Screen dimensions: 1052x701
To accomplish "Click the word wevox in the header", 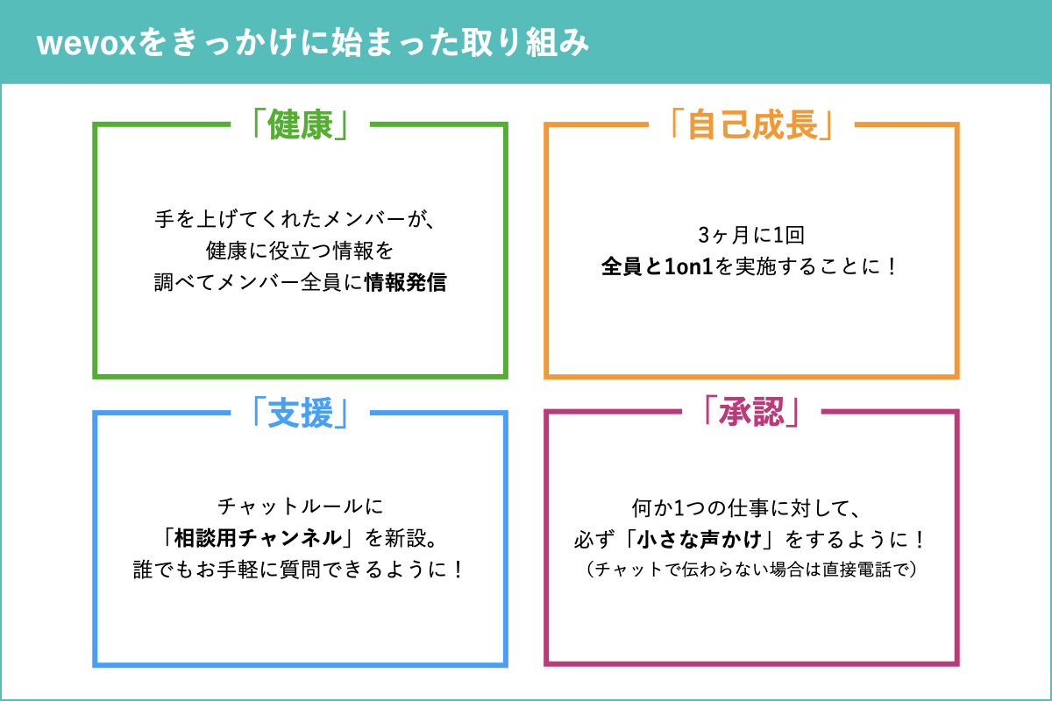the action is click(87, 43).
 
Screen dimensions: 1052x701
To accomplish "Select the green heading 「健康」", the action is click(300, 124).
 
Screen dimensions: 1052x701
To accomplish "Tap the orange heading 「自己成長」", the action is click(751, 124).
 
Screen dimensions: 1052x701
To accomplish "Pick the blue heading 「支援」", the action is click(300, 413).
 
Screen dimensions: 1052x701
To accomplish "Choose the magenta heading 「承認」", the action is click(751, 411).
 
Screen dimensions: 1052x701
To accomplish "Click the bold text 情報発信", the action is click(406, 282).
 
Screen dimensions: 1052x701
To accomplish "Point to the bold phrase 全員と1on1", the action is click(657, 266).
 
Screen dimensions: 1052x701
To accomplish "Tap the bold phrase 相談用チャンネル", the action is click(259, 538).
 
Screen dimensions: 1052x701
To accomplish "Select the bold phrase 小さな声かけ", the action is click(700, 540).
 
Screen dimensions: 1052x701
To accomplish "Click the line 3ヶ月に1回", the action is click(751, 235).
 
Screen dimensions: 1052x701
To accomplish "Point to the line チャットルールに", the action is click(301, 506).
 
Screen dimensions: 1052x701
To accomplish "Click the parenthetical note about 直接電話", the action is click(751, 570).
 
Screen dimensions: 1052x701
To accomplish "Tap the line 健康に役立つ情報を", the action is click(300, 251).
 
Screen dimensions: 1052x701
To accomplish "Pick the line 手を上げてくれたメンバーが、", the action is click(296, 219).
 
